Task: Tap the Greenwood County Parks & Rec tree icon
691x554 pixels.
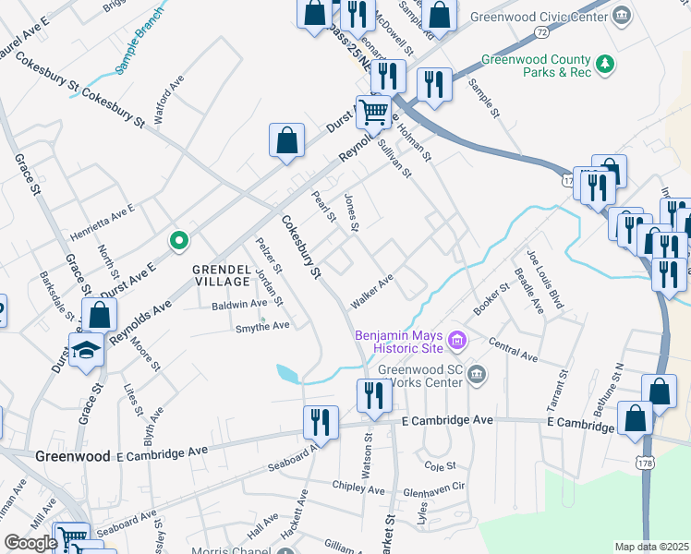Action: click(x=605, y=64)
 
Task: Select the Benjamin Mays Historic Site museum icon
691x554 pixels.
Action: click(x=455, y=343)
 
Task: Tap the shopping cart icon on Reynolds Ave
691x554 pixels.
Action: click(x=373, y=113)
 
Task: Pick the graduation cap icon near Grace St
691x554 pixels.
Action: click(x=86, y=350)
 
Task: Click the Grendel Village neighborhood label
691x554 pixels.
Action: click(x=221, y=275)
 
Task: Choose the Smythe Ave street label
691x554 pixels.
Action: click(x=262, y=326)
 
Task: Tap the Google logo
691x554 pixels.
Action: click(x=30, y=543)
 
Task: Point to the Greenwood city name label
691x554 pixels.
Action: click(x=73, y=456)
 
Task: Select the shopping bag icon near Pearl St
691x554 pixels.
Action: click(x=287, y=141)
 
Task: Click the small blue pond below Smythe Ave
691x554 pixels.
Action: click(x=287, y=374)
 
